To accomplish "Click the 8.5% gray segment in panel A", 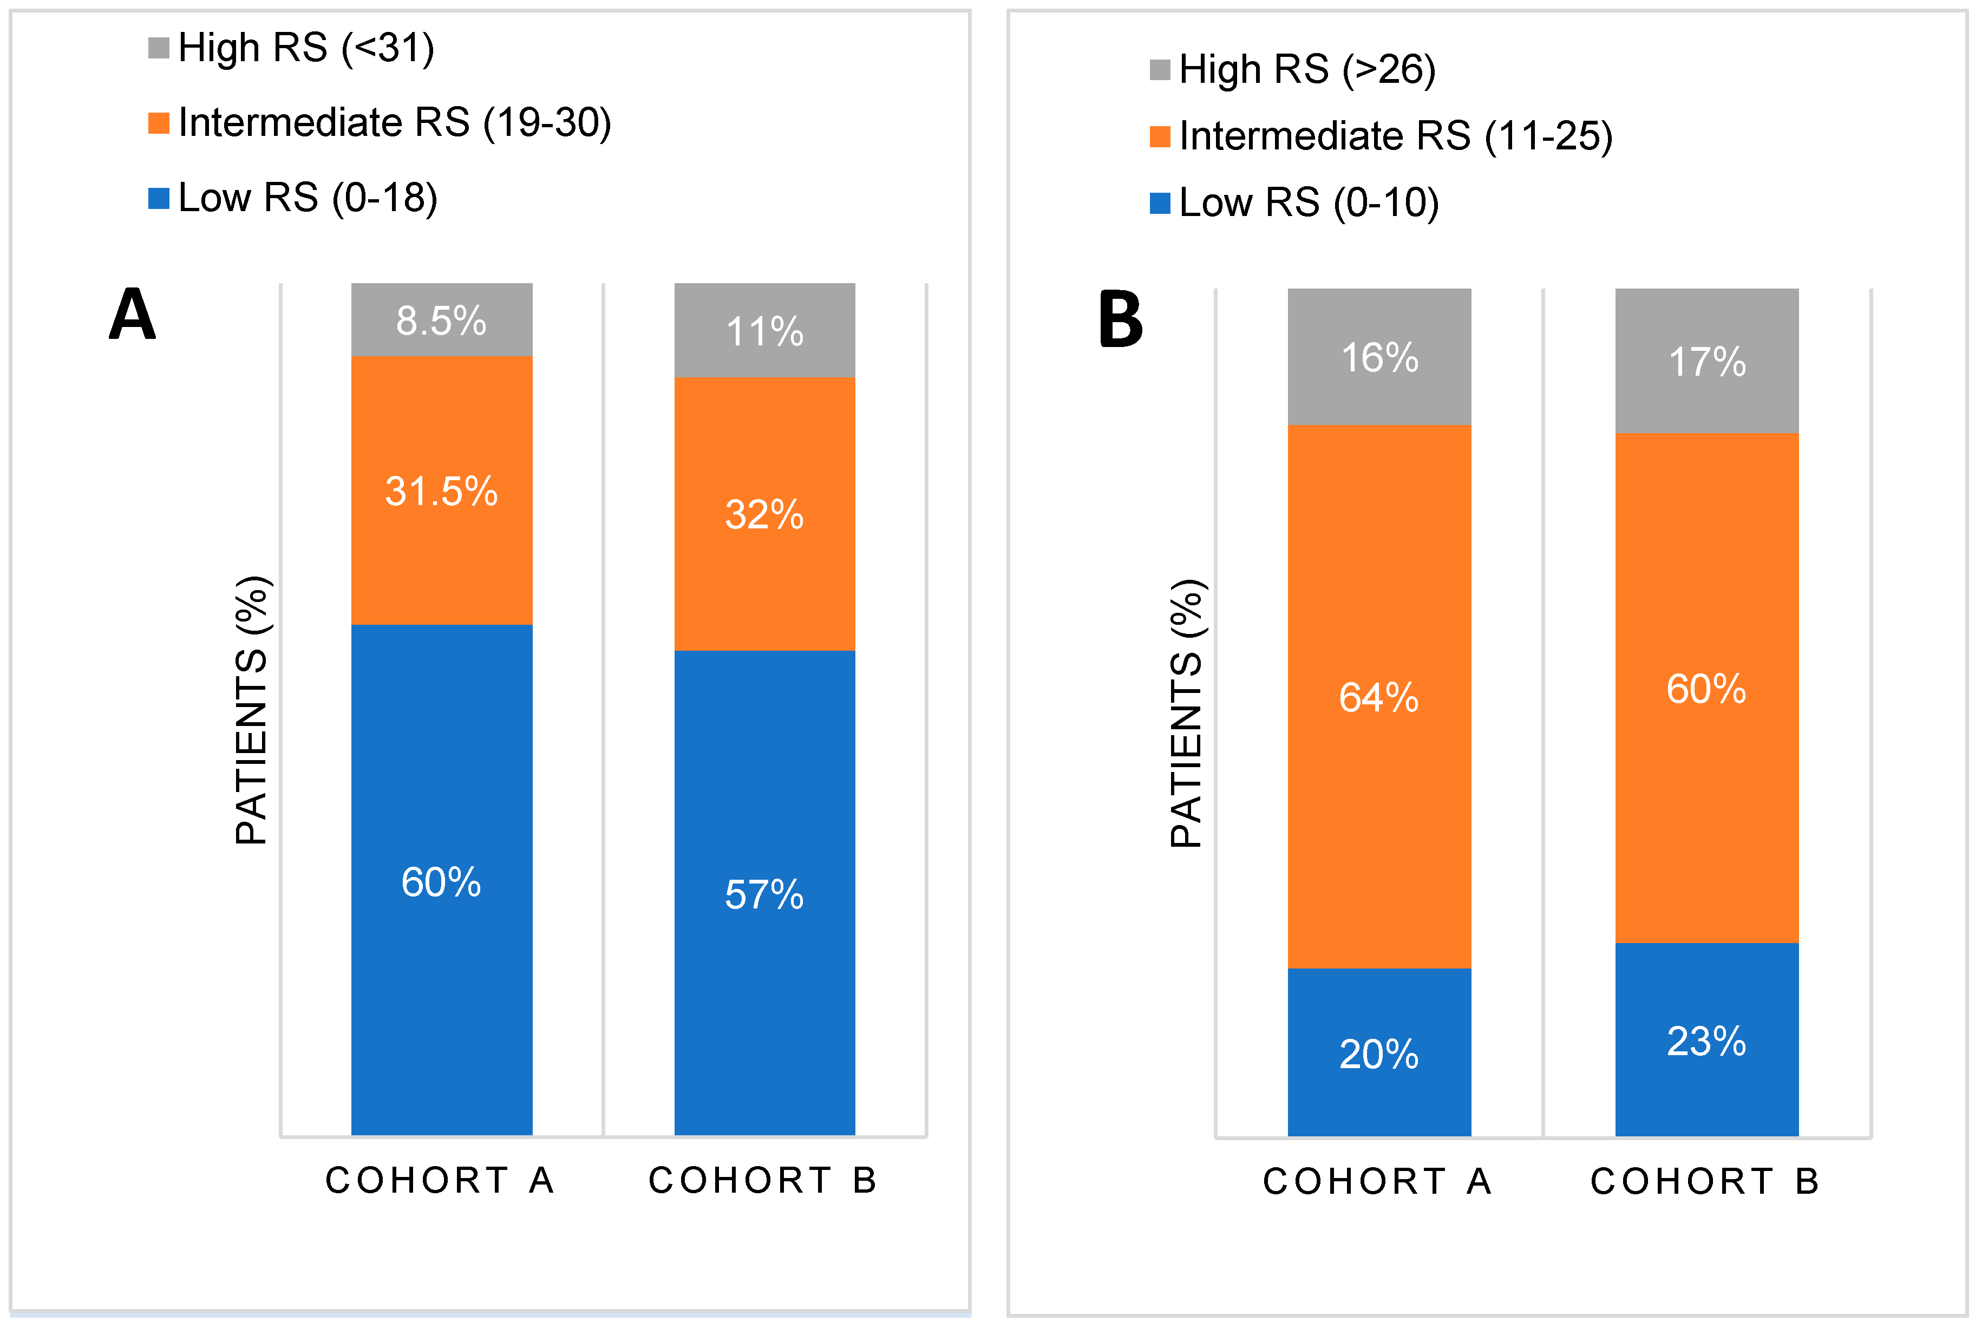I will pos(441,320).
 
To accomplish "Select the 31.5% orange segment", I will pos(441,490).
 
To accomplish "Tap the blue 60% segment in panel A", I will pos(441,881).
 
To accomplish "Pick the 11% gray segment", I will pos(764,330).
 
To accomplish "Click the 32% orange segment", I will pos(764,514).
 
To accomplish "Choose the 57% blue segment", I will pos(764,893).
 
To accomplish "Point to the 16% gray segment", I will pos(1379,357).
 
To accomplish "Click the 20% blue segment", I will pos(1379,1054).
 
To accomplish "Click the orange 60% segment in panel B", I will pos(1706,688).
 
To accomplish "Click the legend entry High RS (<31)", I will pos(292,48).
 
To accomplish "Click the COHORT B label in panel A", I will pos(763,1180).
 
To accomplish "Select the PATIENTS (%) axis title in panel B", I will pos(1187,713).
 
